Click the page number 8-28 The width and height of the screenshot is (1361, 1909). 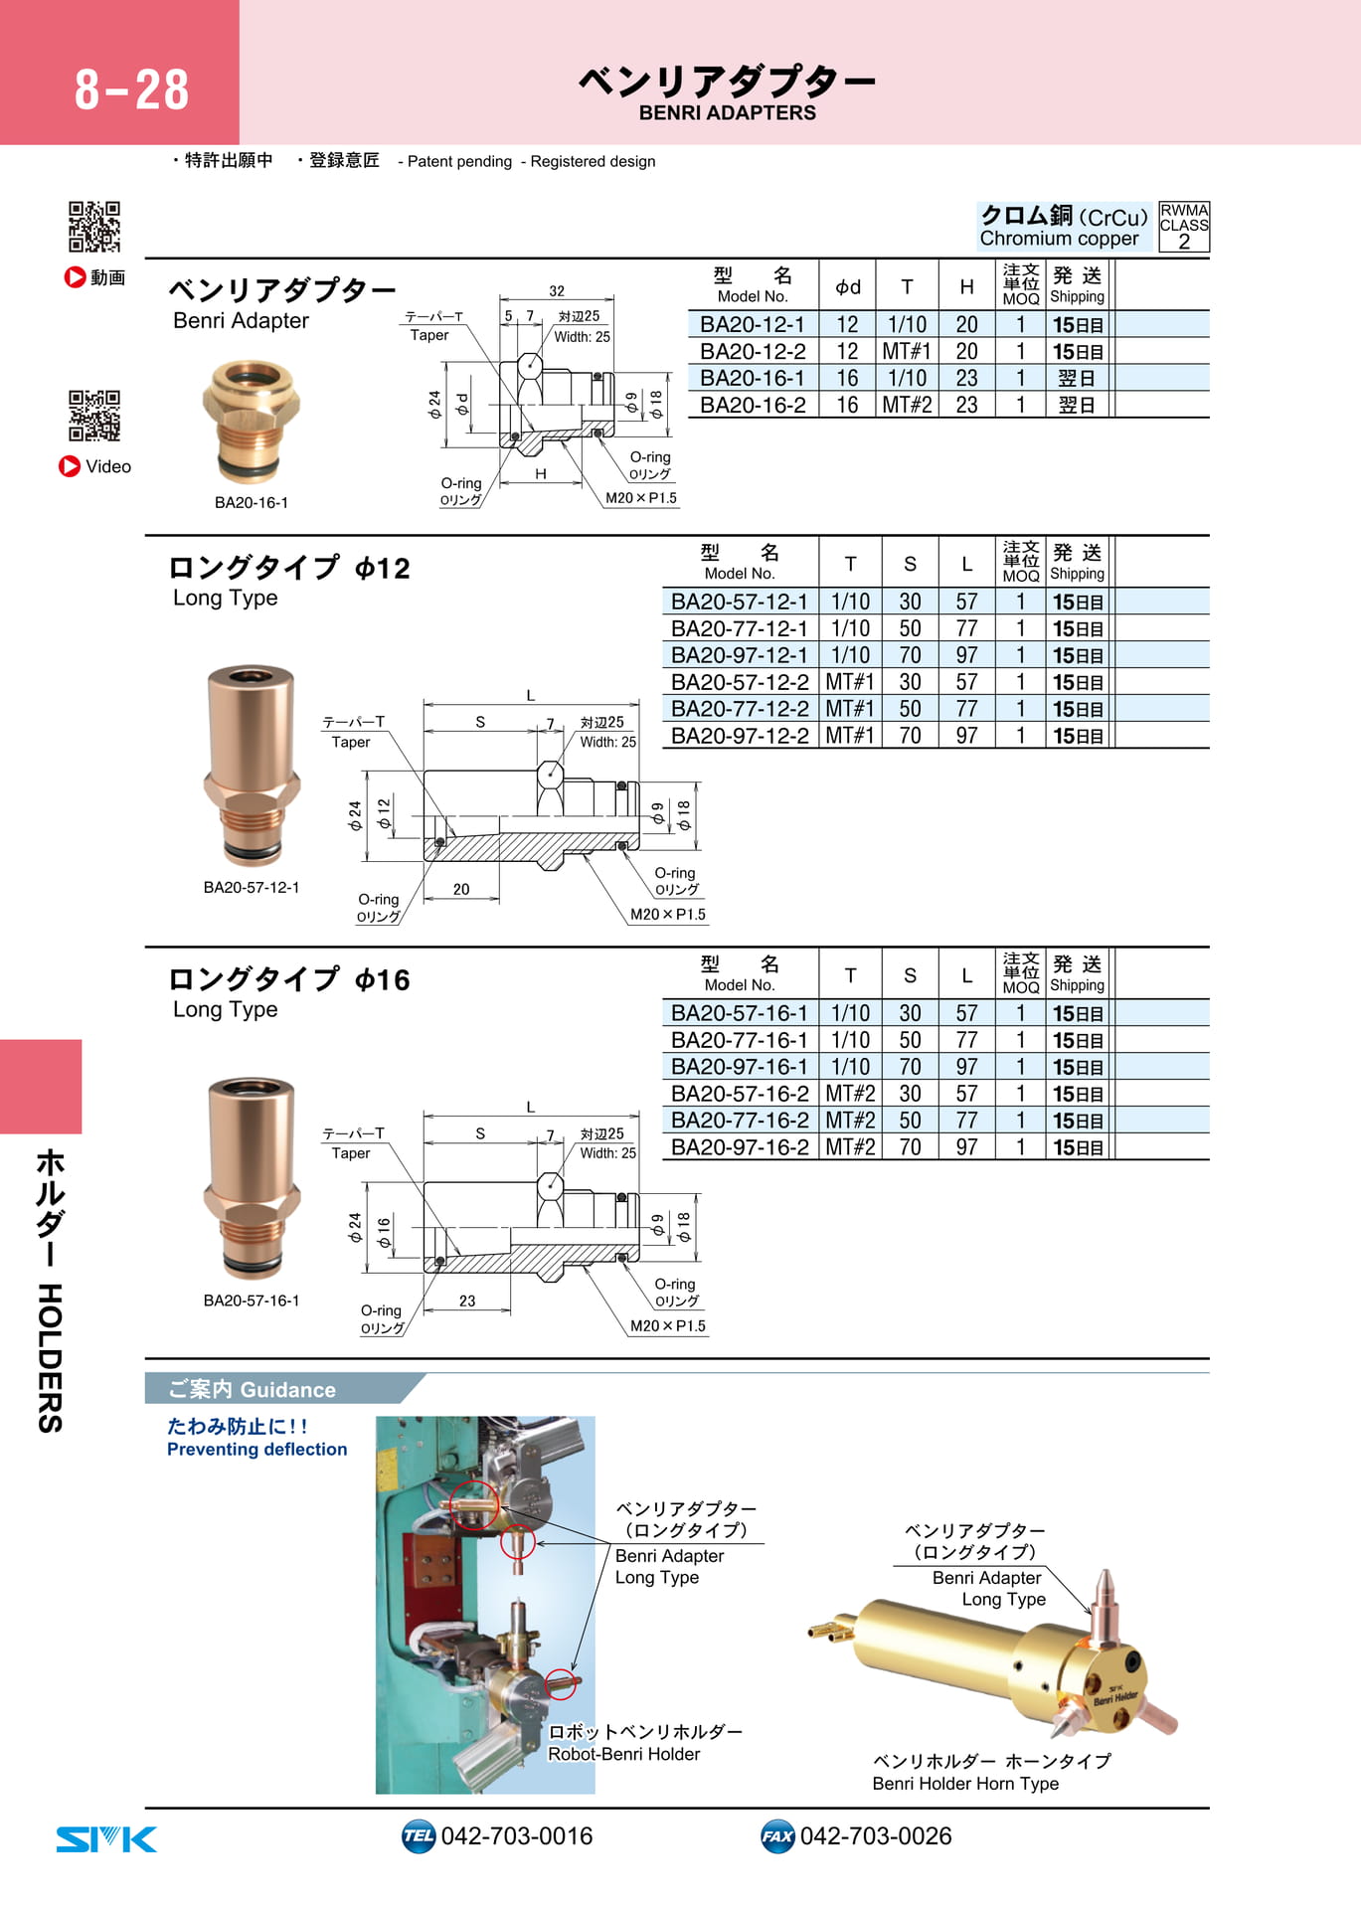[131, 89]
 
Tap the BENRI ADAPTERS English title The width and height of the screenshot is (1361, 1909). [727, 113]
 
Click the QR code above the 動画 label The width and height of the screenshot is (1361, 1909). [94, 227]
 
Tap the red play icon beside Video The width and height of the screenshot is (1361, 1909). [70, 466]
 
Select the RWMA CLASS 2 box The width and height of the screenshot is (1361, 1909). [1184, 227]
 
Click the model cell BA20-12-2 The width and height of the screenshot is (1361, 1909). [753, 352]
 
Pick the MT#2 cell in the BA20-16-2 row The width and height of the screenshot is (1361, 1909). [907, 406]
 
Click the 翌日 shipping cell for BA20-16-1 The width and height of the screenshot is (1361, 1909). [1077, 379]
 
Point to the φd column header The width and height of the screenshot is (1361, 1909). [847, 287]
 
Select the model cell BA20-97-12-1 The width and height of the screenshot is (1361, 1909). [739, 656]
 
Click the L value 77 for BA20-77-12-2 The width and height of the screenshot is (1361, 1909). [966, 710]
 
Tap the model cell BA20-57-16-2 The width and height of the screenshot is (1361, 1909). [739, 1095]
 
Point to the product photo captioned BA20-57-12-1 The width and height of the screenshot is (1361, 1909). [252, 766]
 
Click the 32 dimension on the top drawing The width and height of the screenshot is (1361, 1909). [557, 291]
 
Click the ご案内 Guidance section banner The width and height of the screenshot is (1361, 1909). [283, 1389]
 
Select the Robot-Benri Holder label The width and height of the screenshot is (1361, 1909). [624, 1755]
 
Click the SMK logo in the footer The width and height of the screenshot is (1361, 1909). [106, 1839]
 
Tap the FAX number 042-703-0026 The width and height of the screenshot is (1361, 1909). [876, 1836]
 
